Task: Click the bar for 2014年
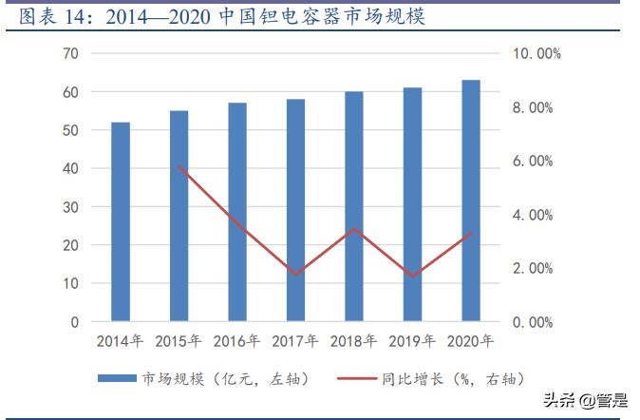click(121, 221)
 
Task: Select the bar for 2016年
click(237, 212)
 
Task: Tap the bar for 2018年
click(354, 206)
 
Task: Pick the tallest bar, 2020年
click(471, 200)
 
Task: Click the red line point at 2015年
click(179, 166)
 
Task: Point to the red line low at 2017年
click(296, 274)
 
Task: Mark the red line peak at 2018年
click(354, 229)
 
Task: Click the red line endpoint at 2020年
click(471, 234)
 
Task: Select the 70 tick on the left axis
click(70, 53)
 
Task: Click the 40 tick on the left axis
click(70, 168)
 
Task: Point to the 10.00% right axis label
click(536, 54)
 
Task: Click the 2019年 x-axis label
click(412, 341)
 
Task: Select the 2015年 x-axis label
click(179, 341)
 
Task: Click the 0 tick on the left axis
click(74, 322)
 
